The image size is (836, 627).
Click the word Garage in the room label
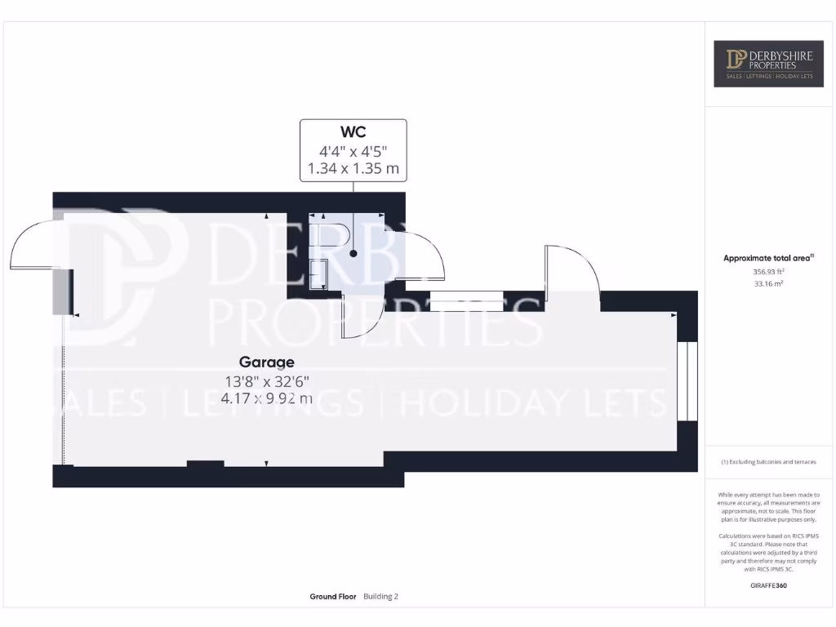266,362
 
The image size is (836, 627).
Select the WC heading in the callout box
353,132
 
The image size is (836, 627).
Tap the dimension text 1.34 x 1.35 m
353,169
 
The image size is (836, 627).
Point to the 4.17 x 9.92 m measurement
266,398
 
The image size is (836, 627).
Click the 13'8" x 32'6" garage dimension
266,380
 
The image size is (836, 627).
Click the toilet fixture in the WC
336,238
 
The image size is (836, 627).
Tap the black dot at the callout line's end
354,253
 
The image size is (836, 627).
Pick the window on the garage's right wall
687,380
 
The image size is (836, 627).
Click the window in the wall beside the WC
466,301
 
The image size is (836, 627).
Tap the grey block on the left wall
60,291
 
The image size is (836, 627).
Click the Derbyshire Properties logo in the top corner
769,63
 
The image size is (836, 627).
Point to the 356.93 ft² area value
767,271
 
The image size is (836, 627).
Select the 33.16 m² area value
767,284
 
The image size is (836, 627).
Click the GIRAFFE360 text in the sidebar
767,585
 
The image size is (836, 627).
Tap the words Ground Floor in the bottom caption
333,597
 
